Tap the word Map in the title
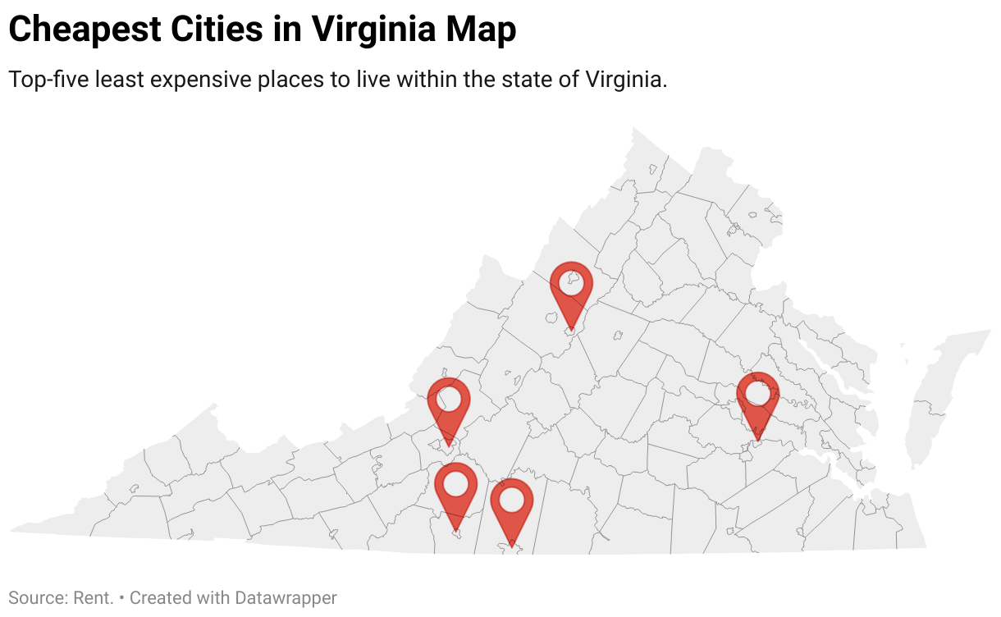(482, 30)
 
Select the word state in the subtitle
(527, 80)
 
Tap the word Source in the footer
(34, 598)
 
